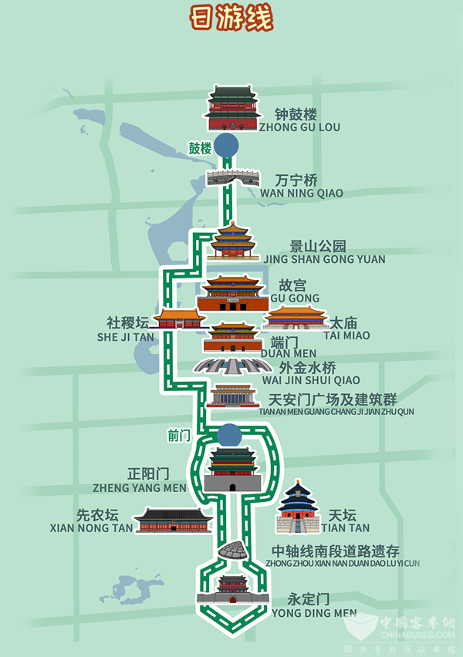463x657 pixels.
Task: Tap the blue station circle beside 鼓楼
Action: click(x=226, y=145)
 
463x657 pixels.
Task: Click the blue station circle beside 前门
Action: click(x=228, y=435)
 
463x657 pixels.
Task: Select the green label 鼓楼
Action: click(x=200, y=148)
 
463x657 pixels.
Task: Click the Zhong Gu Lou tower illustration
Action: click(x=232, y=108)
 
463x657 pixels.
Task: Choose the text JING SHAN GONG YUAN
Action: click(x=326, y=259)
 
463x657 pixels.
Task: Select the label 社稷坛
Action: click(x=128, y=322)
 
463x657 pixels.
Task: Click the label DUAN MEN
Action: click(x=284, y=353)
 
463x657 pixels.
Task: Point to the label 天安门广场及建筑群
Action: click(x=332, y=399)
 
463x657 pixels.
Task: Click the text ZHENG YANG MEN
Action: click(x=139, y=487)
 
